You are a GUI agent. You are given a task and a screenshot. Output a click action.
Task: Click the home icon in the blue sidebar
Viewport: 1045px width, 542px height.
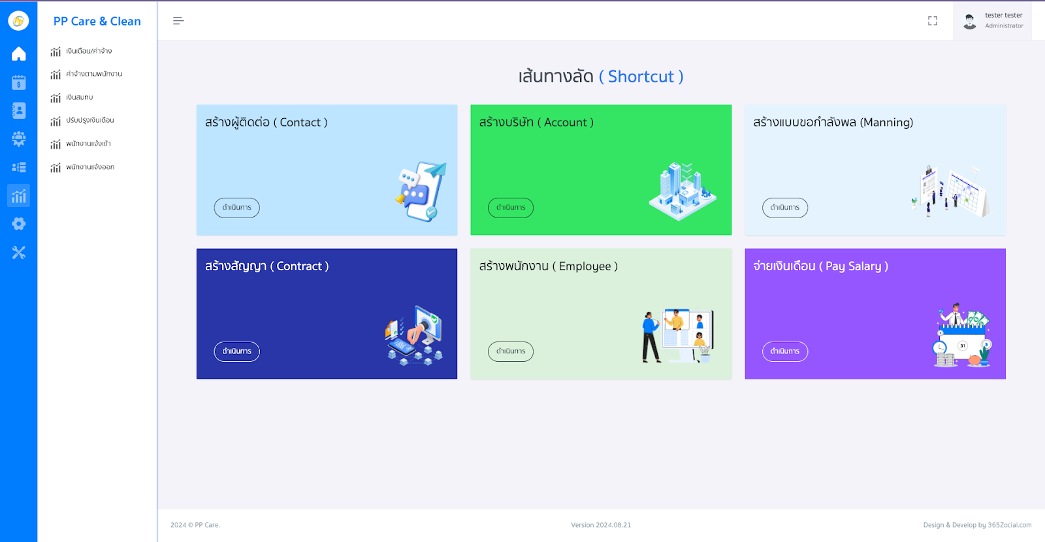click(x=18, y=54)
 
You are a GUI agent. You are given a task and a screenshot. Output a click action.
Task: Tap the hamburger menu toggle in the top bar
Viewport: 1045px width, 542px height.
click(x=178, y=21)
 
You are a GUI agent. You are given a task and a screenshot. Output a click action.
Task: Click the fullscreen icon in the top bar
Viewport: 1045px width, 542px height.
click(x=933, y=21)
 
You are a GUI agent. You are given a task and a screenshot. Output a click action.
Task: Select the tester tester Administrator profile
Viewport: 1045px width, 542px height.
click(x=993, y=21)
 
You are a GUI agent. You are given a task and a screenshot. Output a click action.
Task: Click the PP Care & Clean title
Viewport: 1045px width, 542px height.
click(x=97, y=21)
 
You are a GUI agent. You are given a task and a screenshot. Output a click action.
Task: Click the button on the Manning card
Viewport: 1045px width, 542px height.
click(x=784, y=208)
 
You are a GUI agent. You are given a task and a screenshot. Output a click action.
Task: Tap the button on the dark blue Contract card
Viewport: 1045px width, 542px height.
click(x=236, y=351)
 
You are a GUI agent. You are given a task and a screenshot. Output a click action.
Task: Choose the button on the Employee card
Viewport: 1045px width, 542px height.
click(x=510, y=351)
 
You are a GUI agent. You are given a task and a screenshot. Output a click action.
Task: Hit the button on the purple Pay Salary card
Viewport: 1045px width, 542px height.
click(x=784, y=351)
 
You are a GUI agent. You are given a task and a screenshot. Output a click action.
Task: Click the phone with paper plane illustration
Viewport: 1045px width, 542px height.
click(x=421, y=191)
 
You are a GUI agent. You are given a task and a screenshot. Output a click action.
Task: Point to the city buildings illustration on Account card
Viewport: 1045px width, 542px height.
click(x=682, y=191)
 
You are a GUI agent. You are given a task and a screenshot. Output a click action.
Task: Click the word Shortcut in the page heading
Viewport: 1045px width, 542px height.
click(x=641, y=77)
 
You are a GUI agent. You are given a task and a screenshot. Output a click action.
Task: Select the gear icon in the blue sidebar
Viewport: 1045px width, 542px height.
click(x=18, y=224)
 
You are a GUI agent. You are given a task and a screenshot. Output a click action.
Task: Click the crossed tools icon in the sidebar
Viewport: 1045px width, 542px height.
click(x=18, y=253)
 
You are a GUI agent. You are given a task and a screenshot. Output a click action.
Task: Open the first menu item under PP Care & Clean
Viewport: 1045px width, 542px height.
click(x=88, y=51)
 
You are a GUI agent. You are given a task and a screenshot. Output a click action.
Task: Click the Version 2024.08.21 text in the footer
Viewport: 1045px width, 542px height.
click(x=601, y=525)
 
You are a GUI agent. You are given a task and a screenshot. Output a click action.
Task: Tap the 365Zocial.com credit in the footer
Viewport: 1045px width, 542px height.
click(x=1009, y=525)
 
